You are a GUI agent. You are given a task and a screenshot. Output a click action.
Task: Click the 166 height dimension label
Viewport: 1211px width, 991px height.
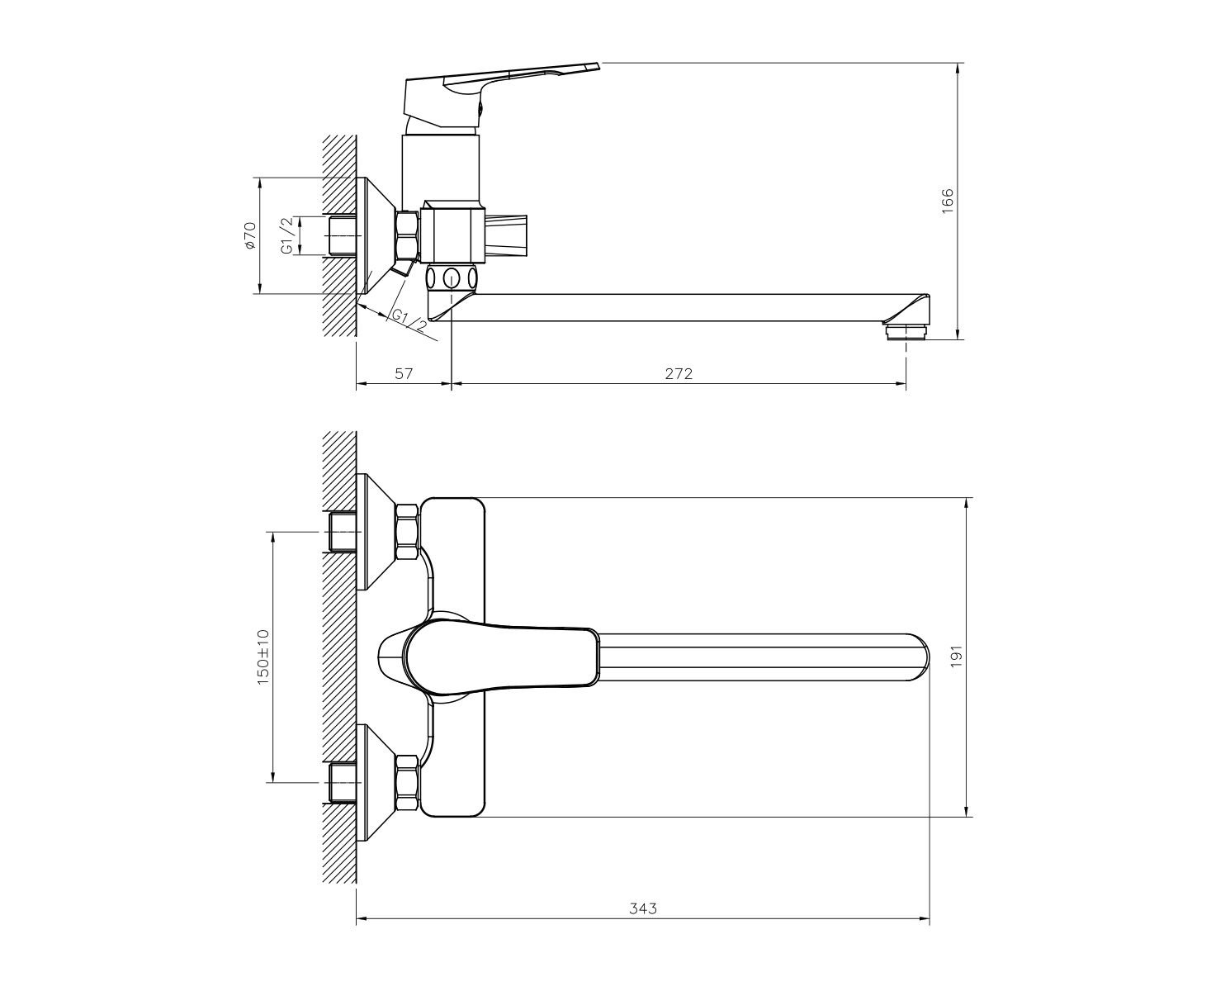(948, 201)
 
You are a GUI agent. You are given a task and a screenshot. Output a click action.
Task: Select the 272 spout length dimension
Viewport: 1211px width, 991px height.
(679, 374)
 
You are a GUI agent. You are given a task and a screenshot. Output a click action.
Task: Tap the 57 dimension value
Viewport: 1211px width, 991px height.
(404, 374)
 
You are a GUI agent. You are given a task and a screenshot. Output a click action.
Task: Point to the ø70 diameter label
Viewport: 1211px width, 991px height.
(250, 235)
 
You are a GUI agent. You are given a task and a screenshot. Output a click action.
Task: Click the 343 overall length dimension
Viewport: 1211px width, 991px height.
(643, 925)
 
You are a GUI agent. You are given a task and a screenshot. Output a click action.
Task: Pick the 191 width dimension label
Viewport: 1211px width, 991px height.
(956, 656)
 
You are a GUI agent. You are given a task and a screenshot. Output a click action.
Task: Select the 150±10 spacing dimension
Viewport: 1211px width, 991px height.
(263, 657)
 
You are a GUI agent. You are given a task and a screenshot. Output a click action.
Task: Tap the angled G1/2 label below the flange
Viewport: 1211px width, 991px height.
(409, 322)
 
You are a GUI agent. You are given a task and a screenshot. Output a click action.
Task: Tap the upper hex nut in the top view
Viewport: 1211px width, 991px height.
(407, 531)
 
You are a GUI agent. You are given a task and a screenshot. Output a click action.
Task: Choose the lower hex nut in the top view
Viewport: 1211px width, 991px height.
(407, 782)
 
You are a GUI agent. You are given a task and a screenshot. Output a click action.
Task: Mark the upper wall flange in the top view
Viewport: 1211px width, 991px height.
(376, 531)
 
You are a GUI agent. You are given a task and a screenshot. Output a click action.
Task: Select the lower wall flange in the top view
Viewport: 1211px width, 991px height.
(376, 782)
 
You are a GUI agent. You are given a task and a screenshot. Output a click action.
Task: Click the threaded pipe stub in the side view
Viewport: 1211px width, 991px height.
(343, 235)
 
